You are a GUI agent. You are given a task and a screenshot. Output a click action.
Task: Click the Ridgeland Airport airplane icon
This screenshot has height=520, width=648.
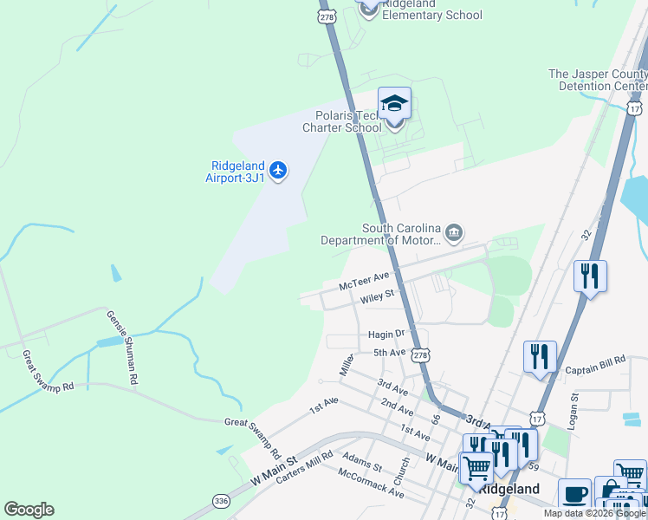pyautogui.click(x=278, y=170)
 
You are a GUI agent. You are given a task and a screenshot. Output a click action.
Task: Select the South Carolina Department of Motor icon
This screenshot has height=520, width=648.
pyautogui.click(x=454, y=234)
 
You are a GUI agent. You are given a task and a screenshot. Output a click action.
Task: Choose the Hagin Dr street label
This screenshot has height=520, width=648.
pyautogui.click(x=386, y=334)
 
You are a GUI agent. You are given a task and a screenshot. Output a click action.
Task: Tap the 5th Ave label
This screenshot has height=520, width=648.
pyautogui.click(x=390, y=352)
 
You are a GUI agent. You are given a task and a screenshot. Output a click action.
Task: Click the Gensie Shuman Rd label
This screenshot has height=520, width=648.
pyautogui.click(x=122, y=348)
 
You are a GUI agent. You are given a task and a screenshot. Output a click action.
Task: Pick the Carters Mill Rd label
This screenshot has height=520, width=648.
pyautogui.click(x=304, y=468)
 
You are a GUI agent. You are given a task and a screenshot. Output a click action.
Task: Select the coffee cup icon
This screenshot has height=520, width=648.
pyautogui.click(x=574, y=494)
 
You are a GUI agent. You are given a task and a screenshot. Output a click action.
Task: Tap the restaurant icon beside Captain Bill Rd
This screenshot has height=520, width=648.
pyautogui.click(x=539, y=355)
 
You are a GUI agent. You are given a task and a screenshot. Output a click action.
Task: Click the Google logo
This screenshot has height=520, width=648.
pyautogui.click(x=29, y=510)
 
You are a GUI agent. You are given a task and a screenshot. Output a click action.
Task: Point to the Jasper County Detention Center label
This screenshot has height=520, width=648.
pyautogui.click(x=598, y=81)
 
